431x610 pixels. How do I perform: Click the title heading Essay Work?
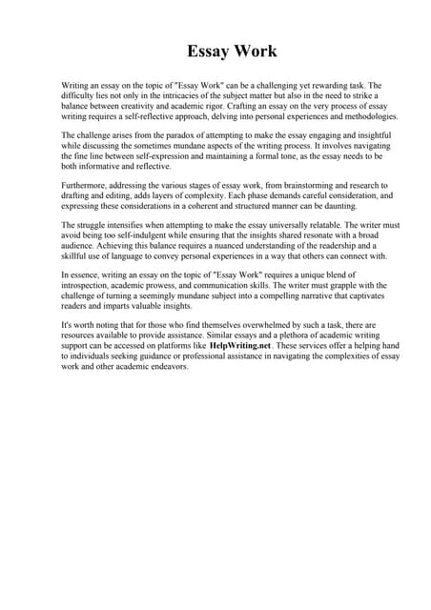pyautogui.click(x=215, y=51)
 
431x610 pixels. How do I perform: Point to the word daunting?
pyautogui.click(x=346, y=207)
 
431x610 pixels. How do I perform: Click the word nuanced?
pyautogui.click(x=229, y=247)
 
